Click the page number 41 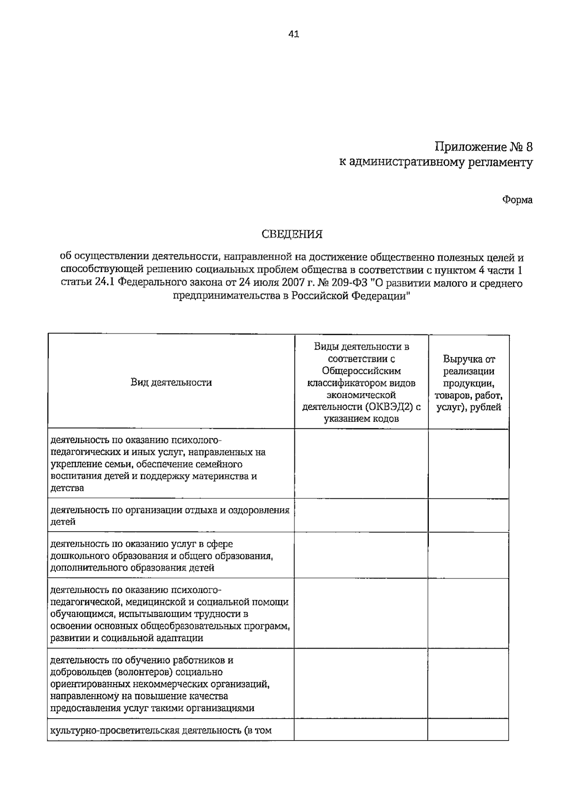(x=293, y=34)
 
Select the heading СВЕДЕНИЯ (x=293, y=234)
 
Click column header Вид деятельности (x=171, y=382)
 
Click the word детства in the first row (x=67, y=488)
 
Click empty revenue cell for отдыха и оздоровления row (x=468, y=515)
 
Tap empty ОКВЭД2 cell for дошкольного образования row (x=361, y=554)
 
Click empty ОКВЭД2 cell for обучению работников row (x=361, y=684)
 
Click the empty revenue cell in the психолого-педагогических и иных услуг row (x=468, y=464)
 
